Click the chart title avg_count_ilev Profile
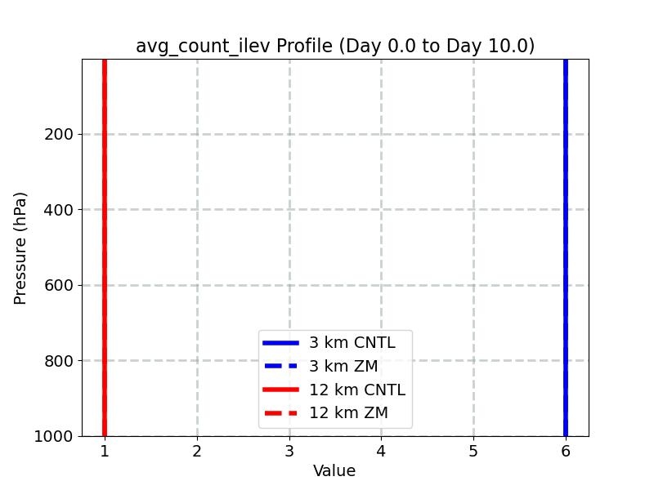[x=335, y=46]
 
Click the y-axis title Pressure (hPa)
[x=21, y=247]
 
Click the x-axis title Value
[x=334, y=471]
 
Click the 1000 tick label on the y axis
[x=54, y=437]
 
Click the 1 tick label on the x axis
[x=105, y=451]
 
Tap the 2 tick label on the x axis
[x=197, y=451]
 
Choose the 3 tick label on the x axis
[x=289, y=451]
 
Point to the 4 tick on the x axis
[x=381, y=451]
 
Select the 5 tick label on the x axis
[x=473, y=451]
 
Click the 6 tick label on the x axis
[x=566, y=451]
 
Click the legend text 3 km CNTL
[x=352, y=343]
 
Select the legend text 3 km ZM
[x=343, y=367]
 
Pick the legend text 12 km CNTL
[x=356, y=390]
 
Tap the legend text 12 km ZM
[x=348, y=413]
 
